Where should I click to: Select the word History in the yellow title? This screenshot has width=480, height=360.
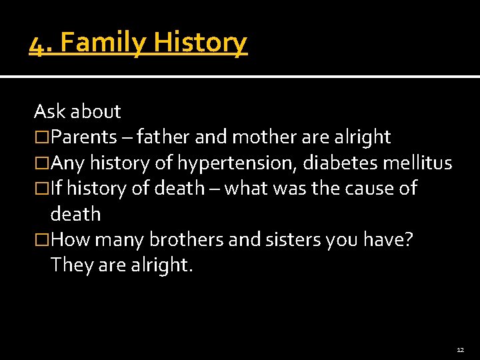coord(201,43)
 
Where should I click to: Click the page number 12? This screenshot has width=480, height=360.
coord(461,349)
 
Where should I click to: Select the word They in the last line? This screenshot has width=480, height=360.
coord(69,265)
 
